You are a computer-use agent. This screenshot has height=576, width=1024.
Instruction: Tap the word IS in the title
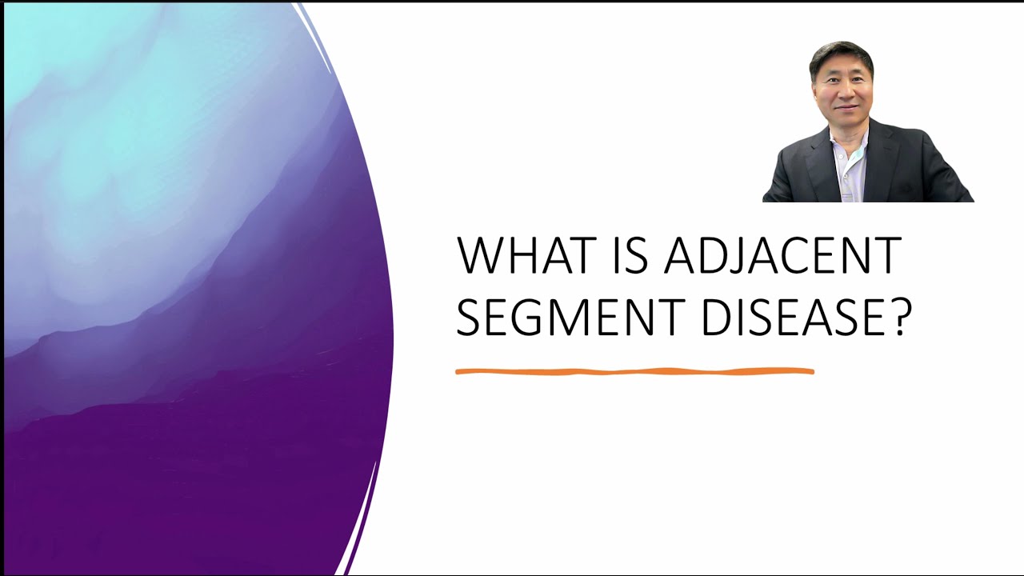(x=632, y=256)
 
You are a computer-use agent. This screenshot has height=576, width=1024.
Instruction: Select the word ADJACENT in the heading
(x=782, y=256)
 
